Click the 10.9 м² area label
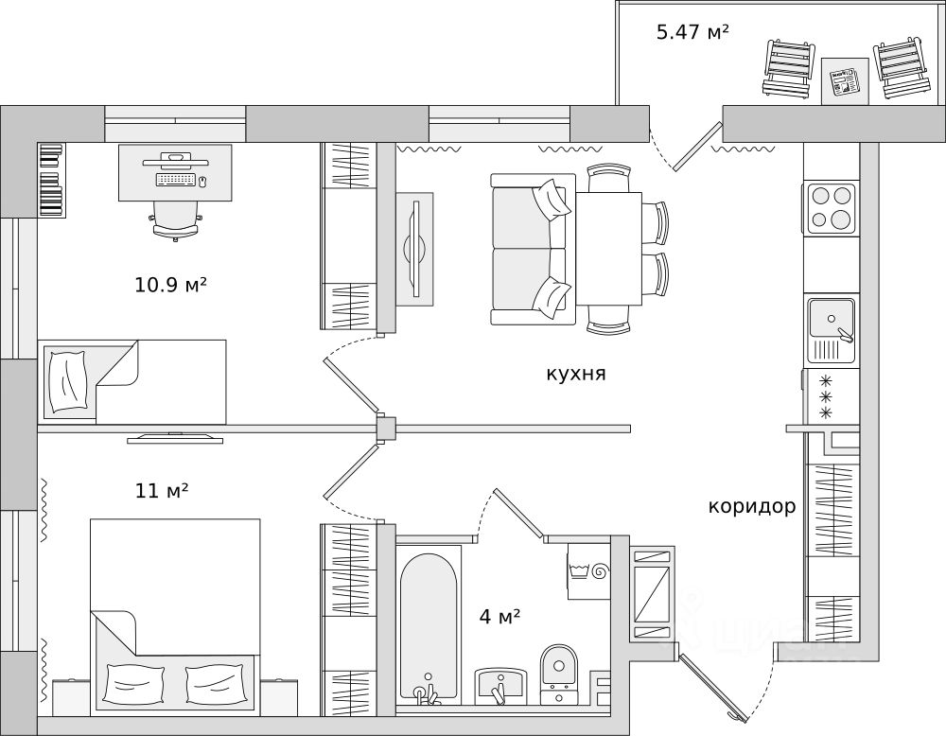[x=170, y=284]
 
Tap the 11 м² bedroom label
[x=161, y=491]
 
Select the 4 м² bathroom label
[x=499, y=617]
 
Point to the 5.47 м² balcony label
[x=692, y=31]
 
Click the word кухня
[x=575, y=374]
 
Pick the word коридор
[x=752, y=507]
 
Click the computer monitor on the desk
[x=176, y=161]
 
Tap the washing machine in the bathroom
[x=588, y=570]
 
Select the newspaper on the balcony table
[x=845, y=81]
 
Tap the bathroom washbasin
[x=500, y=686]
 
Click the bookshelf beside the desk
[x=51, y=180]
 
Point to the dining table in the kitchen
[x=608, y=249]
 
